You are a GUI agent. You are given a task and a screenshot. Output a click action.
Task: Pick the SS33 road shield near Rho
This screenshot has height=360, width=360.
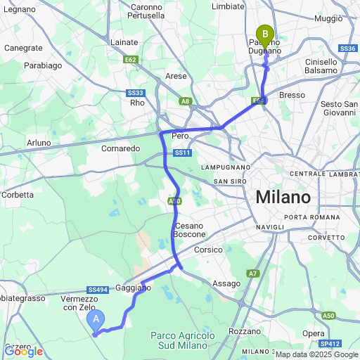click(x=136, y=93)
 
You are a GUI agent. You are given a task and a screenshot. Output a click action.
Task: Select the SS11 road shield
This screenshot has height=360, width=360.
click(x=182, y=153)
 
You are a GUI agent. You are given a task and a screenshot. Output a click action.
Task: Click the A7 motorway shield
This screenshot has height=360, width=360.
click(x=253, y=273)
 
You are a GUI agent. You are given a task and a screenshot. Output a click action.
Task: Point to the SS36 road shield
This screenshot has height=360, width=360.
click(x=347, y=49)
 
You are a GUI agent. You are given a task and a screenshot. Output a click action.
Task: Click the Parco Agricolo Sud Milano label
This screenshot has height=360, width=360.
click(x=183, y=340)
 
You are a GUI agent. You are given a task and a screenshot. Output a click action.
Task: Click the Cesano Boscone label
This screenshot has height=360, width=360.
click(x=190, y=230)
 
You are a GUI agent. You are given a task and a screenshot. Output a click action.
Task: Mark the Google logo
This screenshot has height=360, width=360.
click(x=24, y=351)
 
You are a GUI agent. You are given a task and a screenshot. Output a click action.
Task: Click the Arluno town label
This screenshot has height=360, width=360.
click(x=39, y=143)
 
